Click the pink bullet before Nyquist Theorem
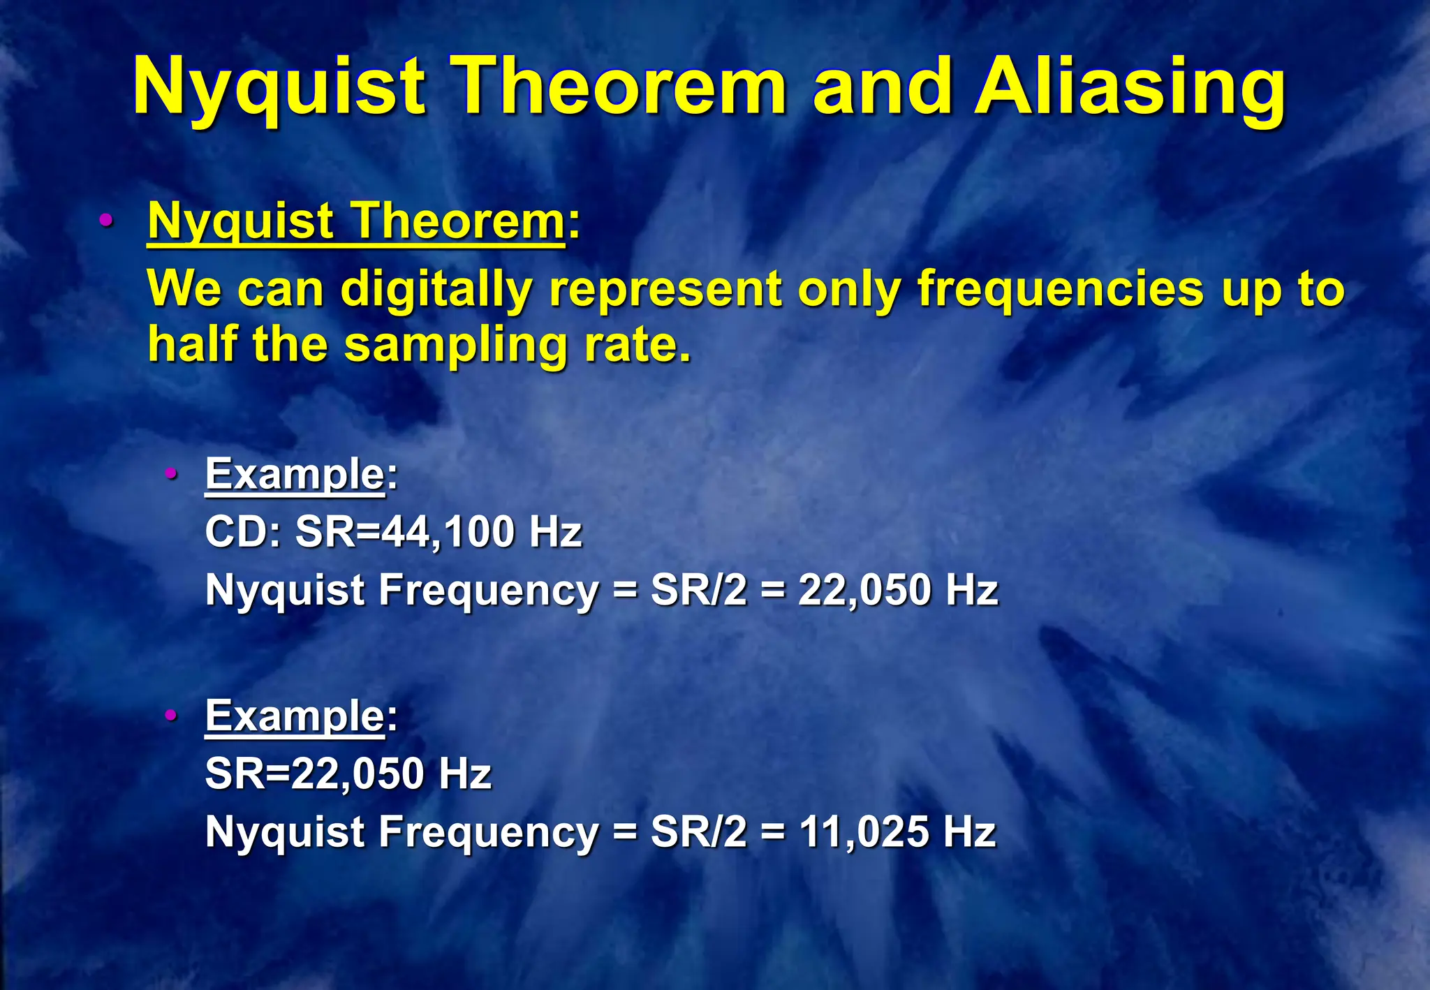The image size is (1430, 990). [106, 221]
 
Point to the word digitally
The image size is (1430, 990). [436, 290]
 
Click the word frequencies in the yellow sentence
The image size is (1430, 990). [1060, 288]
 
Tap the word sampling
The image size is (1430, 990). [457, 347]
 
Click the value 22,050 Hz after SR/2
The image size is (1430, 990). [897, 590]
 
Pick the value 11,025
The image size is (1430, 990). [863, 832]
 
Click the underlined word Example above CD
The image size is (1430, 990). [294, 475]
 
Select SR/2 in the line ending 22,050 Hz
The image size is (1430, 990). [698, 590]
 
